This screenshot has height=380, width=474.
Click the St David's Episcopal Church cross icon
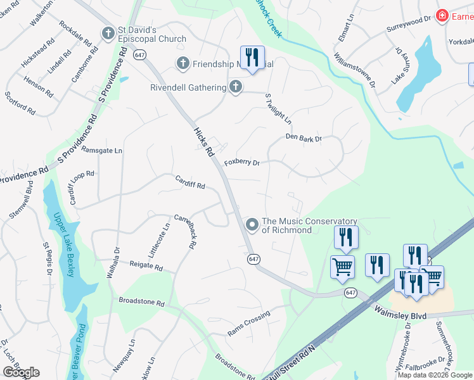click(x=108, y=32)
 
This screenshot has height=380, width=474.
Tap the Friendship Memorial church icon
click(x=183, y=63)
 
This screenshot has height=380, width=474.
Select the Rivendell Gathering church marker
click(x=236, y=87)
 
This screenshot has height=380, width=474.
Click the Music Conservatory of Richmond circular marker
click(x=252, y=225)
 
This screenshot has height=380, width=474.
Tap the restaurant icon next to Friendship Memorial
click(x=252, y=58)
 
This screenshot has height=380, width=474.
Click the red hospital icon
click(x=442, y=16)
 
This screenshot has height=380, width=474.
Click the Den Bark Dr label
click(x=304, y=137)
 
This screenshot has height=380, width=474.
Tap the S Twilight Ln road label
click(x=278, y=109)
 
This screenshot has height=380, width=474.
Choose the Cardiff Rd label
click(x=190, y=186)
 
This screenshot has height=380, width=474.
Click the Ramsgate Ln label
click(x=102, y=151)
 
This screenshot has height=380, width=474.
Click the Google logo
click(x=21, y=372)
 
